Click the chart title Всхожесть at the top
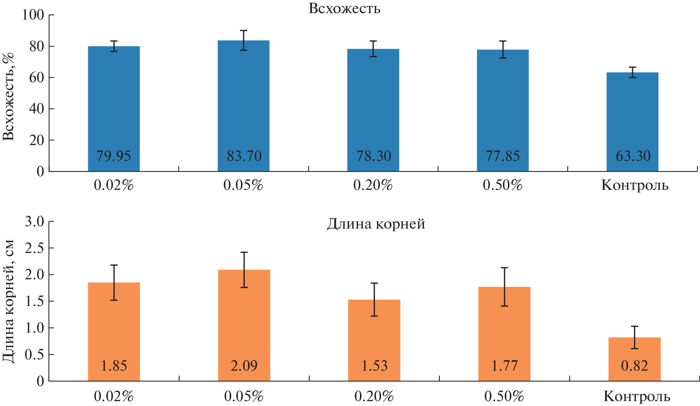pos(344,8)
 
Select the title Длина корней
pos(376,224)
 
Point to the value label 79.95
pos(114,156)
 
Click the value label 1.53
pos(374,365)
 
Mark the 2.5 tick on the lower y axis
pos(34,248)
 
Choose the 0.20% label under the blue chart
pos(373,185)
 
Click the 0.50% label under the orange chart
pos(504,396)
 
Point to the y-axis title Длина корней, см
pos(8,301)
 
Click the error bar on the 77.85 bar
pos(503,49)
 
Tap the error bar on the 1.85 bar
pos(114,282)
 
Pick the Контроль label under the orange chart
pos(637,396)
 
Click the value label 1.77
pos(504,365)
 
